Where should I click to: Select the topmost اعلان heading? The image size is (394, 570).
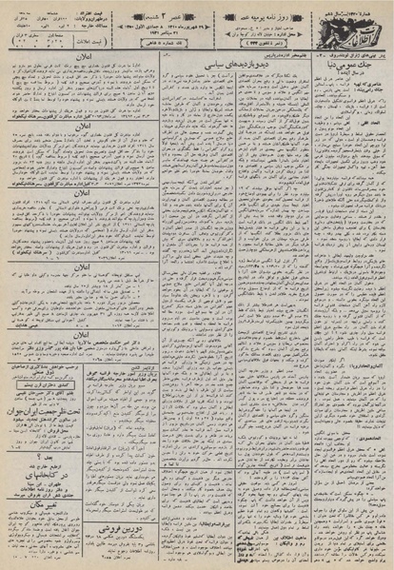tap(68, 57)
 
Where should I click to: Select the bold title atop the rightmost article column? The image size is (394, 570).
tap(358, 61)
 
